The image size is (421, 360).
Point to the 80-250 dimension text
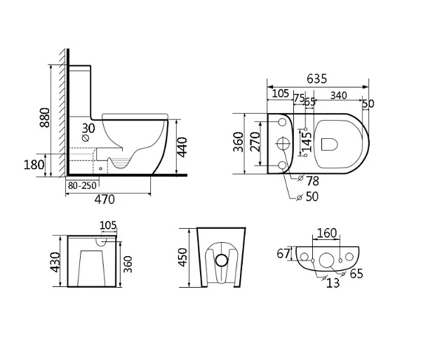(82, 186)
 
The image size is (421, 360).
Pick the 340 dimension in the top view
(340, 95)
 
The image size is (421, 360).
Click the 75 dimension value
(298, 98)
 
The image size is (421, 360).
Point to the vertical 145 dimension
(306, 142)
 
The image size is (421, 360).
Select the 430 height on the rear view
(56, 261)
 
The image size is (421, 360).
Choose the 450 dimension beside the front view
(184, 258)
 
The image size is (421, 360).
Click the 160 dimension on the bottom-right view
(328, 233)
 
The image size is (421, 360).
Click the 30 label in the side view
(88, 128)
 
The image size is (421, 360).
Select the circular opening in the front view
(222, 260)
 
